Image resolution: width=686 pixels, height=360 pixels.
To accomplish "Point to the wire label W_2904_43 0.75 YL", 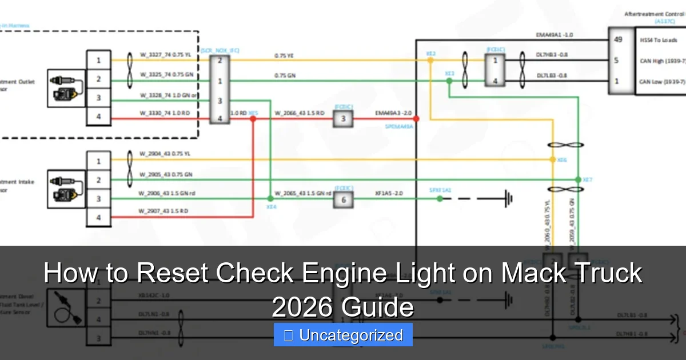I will point(165,154).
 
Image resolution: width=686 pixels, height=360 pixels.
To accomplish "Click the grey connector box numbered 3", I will point(343,119).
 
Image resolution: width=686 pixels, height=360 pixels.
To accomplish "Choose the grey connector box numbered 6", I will point(343,199).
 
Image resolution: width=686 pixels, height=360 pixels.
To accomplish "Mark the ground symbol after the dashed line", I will point(506,199).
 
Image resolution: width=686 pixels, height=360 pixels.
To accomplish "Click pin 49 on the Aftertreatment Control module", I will point(617,40).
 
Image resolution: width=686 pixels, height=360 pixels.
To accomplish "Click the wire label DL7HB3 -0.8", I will point(552,55).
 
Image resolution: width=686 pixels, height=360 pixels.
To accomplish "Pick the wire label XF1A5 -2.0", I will point(389,194).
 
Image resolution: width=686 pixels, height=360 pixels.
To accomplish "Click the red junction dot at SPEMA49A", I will point(416,119).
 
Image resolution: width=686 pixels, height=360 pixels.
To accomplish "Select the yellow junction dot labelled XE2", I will point(430,59).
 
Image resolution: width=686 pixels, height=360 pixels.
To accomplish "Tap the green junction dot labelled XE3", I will point(449,81).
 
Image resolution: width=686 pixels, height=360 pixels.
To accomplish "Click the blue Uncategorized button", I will point(343,335).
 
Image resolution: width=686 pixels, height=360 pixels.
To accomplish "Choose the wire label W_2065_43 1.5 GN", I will point(302,194).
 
